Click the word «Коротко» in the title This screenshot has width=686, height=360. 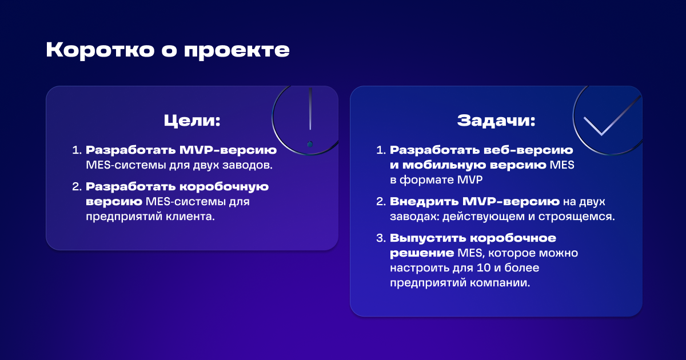100,50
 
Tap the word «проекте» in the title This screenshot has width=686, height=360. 237,51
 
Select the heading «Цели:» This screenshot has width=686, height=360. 192,121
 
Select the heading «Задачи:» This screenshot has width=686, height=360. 496,121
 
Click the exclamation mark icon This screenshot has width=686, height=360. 310,118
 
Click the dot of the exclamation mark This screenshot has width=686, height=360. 310,144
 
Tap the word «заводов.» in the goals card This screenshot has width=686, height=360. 248,165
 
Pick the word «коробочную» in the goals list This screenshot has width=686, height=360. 224,187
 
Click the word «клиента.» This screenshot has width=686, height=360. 190,217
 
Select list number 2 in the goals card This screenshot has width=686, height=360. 77,187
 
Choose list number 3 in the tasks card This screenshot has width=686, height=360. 381,238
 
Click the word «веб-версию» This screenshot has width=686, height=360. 528,150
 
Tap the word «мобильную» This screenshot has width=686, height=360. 444,165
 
